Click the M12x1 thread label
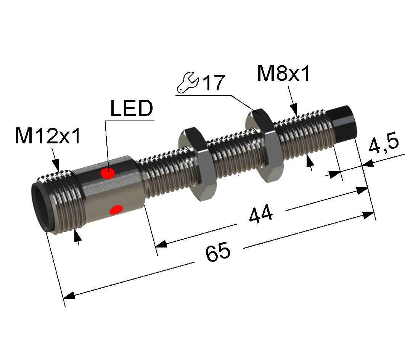click(48, 136)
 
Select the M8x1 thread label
click(284, 73)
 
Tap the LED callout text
click(132, 108)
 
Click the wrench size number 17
click(214, 82)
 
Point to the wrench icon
click(188, 82)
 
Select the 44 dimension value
click(261, 213)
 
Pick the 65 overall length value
click(218, 251)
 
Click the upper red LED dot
click(108, 173)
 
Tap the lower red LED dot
click(116, 210)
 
